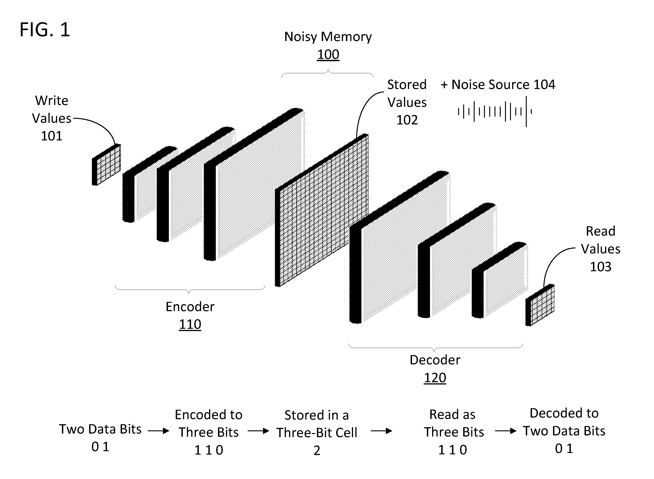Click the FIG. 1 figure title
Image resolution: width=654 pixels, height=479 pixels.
click(45, 30)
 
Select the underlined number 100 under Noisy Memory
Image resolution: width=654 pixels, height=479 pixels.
click(328, 55)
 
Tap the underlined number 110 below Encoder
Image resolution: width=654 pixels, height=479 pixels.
click(190, 324)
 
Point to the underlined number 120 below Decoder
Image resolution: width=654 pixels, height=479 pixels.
click(435, 378)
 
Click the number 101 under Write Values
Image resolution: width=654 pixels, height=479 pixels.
click(51, 136)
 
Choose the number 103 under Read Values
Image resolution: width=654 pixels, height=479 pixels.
click(601, 267)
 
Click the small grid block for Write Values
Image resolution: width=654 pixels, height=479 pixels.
click(106, 164)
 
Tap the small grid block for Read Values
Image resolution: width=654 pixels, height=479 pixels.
click(540, 305)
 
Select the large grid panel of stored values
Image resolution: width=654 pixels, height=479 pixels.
click(322, 210)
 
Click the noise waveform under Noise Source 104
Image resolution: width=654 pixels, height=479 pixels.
click(495, 112)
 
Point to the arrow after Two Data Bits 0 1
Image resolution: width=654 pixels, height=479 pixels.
click(158, 431)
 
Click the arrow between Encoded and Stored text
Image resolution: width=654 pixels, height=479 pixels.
click(258, 431)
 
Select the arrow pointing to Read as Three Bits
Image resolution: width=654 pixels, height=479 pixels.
click(382, 431)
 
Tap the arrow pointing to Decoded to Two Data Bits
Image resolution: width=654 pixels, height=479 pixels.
click(506, 431)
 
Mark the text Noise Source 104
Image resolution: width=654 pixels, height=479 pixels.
click(503, 85)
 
